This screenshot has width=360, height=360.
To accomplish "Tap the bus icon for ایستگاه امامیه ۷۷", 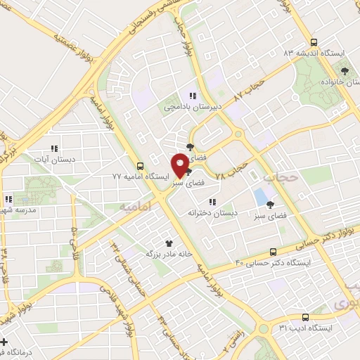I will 141,167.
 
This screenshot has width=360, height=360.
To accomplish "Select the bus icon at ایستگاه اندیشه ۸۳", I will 314,41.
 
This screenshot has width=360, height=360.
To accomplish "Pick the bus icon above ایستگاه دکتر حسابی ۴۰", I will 274,252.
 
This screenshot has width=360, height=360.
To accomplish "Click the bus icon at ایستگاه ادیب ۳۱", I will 304,317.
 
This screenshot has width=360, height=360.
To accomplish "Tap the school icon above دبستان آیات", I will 53,148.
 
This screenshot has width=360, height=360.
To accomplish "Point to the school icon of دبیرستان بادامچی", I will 191,96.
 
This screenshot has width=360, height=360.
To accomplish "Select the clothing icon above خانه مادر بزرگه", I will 168,241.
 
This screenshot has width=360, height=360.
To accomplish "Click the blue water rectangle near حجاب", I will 260,196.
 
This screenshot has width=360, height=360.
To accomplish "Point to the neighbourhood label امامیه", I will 135,208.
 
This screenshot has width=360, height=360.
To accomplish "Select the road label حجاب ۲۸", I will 232,169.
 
